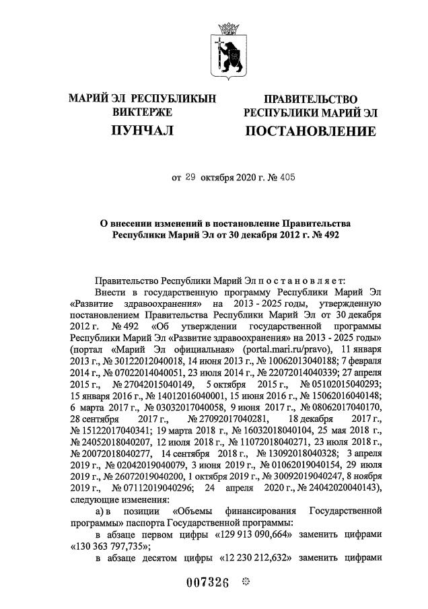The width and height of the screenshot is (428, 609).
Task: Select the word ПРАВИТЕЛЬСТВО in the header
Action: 310,100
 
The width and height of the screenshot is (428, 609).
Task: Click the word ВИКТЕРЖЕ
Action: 142,112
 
